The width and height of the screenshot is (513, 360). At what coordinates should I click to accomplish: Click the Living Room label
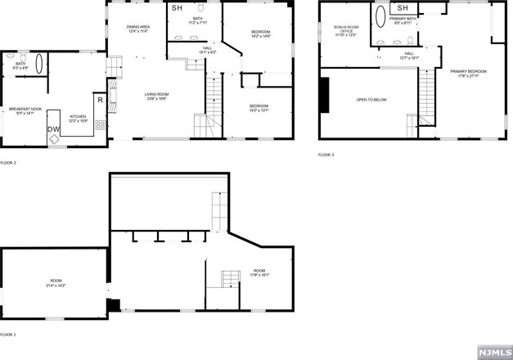156,97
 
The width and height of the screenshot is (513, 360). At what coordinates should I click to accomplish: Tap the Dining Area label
137,29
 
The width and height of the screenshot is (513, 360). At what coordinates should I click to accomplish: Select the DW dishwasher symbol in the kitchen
53,129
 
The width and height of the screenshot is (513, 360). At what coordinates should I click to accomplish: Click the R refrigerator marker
100,100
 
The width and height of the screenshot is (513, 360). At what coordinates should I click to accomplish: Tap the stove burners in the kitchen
101,125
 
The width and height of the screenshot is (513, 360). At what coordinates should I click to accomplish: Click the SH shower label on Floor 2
178,8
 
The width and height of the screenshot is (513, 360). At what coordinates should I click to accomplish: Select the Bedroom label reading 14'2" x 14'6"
259,34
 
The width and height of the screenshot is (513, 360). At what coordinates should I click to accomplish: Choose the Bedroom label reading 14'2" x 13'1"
259,109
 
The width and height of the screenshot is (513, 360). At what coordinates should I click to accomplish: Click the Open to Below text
371,101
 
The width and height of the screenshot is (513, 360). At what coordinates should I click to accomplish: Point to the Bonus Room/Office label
344,30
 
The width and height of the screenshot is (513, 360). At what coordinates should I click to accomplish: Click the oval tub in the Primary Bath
380,20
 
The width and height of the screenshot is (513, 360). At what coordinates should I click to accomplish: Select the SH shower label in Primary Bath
402,8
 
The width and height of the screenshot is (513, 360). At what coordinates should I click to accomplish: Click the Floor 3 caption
326,155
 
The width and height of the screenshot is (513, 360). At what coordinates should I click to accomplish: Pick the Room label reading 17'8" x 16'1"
259,273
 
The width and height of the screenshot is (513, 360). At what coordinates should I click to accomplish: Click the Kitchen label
77,118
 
